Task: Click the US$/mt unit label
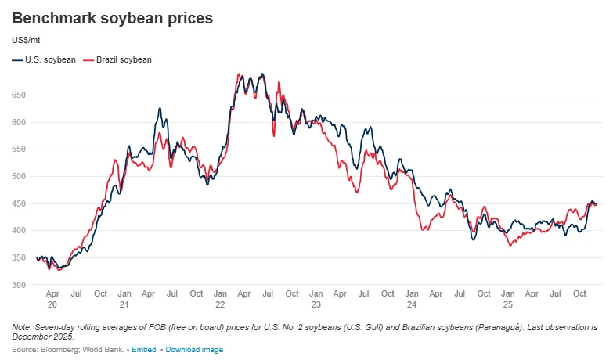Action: point(27,40)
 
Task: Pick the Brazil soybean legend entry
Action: point(124,59)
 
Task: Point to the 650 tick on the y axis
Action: point(19,95)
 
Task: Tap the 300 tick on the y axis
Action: point(19,285)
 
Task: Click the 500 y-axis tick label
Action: point(19,176)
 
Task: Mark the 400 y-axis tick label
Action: point(19,230)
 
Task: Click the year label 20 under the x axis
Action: point(52,304)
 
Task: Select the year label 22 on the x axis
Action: point(220,304)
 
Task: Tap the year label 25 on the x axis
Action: point(508,304)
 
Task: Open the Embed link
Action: point(143,349)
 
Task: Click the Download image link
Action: point(194,349)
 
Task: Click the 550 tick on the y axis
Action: point(19,149)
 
